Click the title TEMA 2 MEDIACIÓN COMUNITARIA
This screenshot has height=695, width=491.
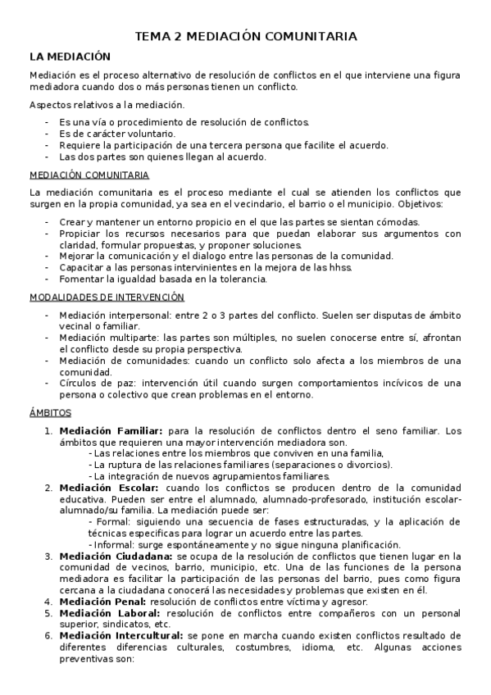[245, 37]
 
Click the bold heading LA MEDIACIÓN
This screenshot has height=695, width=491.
[69, 57]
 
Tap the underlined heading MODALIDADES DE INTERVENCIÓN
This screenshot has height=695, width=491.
[107, 297]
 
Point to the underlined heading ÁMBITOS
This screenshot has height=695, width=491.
[50, 412]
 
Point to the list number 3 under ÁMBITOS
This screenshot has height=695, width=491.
[48, 556]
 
